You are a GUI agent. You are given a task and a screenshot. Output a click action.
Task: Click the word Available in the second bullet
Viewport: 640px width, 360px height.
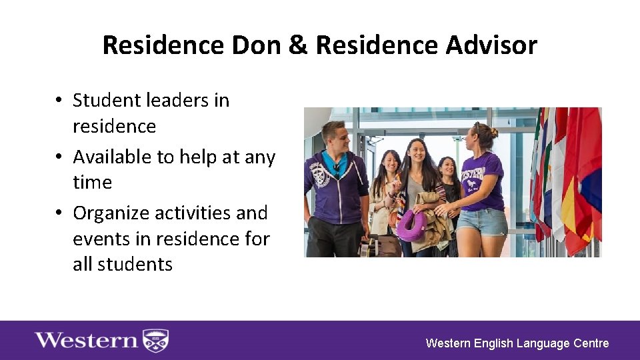click(113, 157)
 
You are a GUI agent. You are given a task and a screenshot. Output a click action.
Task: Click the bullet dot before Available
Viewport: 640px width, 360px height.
click(59, 157)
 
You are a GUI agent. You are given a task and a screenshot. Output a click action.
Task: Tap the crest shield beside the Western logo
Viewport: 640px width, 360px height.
click(156, 341)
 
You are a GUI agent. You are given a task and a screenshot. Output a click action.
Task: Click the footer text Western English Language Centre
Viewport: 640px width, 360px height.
click(517, 343)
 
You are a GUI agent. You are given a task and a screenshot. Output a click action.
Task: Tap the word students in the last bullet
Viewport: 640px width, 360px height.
click(135, 265)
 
